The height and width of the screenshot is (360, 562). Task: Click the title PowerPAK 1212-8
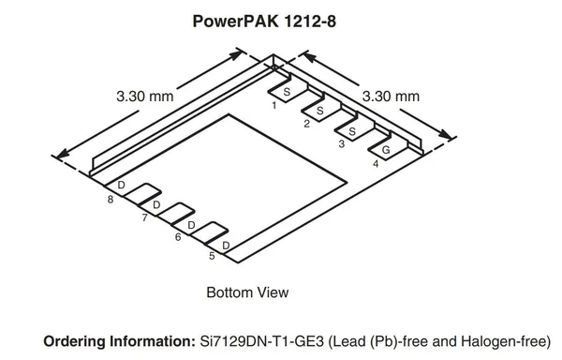point(264,22)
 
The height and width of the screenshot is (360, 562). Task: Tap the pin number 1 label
point(274,105)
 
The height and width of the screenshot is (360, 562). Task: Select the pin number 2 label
point(306,124)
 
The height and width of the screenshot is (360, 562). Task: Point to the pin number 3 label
point(342,143)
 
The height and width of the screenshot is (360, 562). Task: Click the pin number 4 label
point(376,164)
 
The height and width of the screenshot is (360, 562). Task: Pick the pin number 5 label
point(212,256)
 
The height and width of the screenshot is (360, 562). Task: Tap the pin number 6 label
point(178,237)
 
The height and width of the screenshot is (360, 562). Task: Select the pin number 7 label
point(144,217)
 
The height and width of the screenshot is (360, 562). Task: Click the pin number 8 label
point(111,200)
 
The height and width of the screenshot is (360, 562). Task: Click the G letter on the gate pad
point(386,150)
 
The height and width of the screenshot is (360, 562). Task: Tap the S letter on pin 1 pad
point(287,92)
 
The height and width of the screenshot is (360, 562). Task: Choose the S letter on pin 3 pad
point(352,131)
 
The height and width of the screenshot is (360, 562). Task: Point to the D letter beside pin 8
point(121,185)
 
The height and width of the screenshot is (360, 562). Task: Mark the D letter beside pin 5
point(226,246)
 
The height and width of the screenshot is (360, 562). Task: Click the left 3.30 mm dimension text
point(145,97)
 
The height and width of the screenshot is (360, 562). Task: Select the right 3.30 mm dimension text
point(391,97)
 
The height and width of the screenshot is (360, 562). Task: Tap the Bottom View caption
point(247,292)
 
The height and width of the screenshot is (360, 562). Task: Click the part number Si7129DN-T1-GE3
point(262,341)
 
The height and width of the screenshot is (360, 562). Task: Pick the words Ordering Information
point(119,341)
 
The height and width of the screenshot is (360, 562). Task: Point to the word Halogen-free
point(503,341)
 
